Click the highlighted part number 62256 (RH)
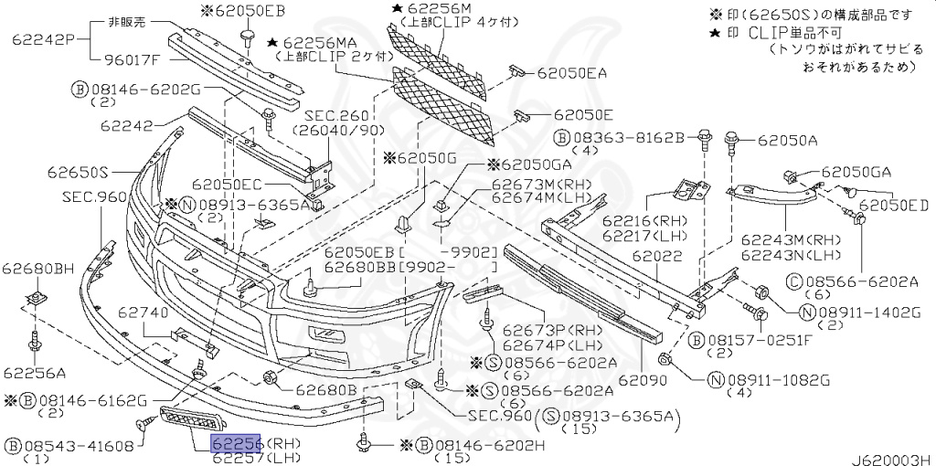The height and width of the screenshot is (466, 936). (237, 444)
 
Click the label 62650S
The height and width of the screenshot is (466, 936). (79, 172)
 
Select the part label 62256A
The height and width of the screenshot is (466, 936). (34, 372)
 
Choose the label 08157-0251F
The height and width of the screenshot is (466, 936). (750, 341)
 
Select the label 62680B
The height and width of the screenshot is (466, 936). (325, 390)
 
